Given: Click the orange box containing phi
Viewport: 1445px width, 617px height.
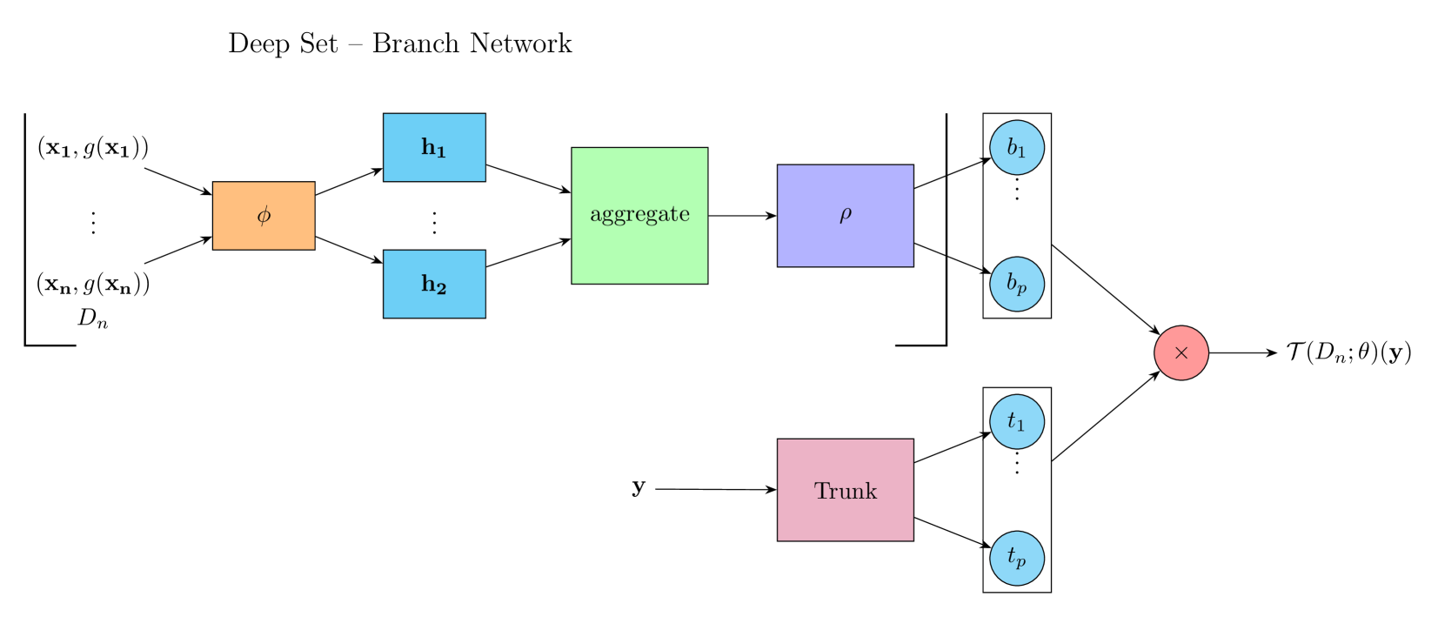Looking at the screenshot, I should pos(264,216).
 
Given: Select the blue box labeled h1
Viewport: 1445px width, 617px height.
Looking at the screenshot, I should pos(434,147).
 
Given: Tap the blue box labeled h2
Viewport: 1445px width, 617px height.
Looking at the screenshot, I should pos(434,284).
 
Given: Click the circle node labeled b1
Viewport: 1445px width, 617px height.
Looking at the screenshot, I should pos(1017,147).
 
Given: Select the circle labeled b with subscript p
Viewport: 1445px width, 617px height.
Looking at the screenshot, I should pos(1017,284).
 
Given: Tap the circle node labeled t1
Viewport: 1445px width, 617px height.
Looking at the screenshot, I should pos(1017,421).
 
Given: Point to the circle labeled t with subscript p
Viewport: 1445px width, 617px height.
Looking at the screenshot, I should pos(1017,558).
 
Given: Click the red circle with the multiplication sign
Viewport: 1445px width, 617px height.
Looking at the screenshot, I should pos(1181,352).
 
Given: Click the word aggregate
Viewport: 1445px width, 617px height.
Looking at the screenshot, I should pos(639,215).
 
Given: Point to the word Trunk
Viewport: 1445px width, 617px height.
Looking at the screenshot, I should pos(846,492).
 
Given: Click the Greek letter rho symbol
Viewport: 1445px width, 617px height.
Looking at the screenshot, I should pos(846,215).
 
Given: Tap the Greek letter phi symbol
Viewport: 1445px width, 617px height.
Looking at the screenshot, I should pos(264,215).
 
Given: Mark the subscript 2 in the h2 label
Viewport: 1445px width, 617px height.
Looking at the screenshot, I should pos(441,289).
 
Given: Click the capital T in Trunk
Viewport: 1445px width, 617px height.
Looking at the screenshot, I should pos(822,491).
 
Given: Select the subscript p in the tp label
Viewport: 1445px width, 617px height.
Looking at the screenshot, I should pos(1021,562).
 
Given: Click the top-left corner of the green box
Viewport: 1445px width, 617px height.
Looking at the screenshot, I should pos(573,150).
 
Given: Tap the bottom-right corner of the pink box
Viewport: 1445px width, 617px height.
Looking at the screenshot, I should pos(912,539).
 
